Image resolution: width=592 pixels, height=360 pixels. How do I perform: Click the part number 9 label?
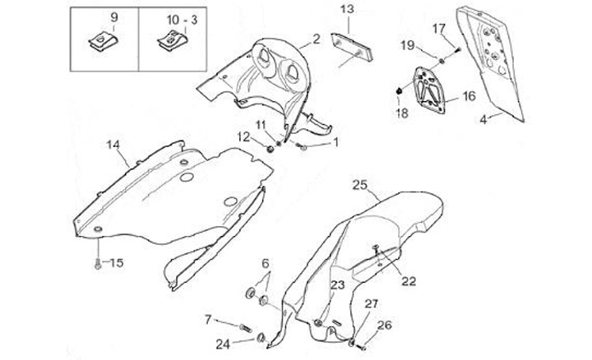[113, 17]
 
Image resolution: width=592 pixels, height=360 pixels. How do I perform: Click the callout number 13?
[347, 9]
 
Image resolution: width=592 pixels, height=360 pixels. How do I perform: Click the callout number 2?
[316, 39]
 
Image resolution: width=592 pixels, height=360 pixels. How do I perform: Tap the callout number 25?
[359, 184]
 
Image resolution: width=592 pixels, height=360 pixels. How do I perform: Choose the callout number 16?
[469, 96]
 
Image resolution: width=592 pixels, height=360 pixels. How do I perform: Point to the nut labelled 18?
[400, 89]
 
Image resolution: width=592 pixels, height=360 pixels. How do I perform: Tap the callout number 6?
[266, 263]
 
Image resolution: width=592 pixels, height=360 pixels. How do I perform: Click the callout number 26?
[383, 325]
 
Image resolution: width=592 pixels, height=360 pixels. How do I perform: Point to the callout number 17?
[438, 28]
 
